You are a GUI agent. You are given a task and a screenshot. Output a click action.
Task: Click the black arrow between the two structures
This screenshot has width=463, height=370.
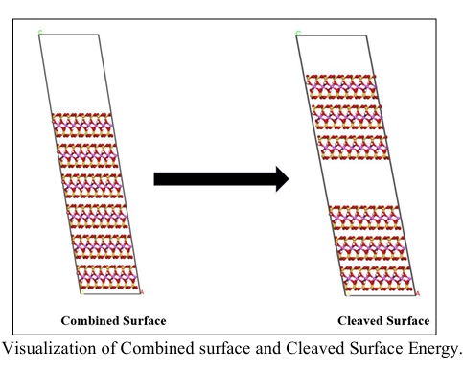[x=220, y=178]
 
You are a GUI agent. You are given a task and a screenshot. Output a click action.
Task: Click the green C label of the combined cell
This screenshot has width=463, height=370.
[x=39, y=33]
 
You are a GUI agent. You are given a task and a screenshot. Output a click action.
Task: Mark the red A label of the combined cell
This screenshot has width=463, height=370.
[x=142, y=290]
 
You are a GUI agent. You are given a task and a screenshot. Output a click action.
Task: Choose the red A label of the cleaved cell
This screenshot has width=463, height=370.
[x=418, y=290]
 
